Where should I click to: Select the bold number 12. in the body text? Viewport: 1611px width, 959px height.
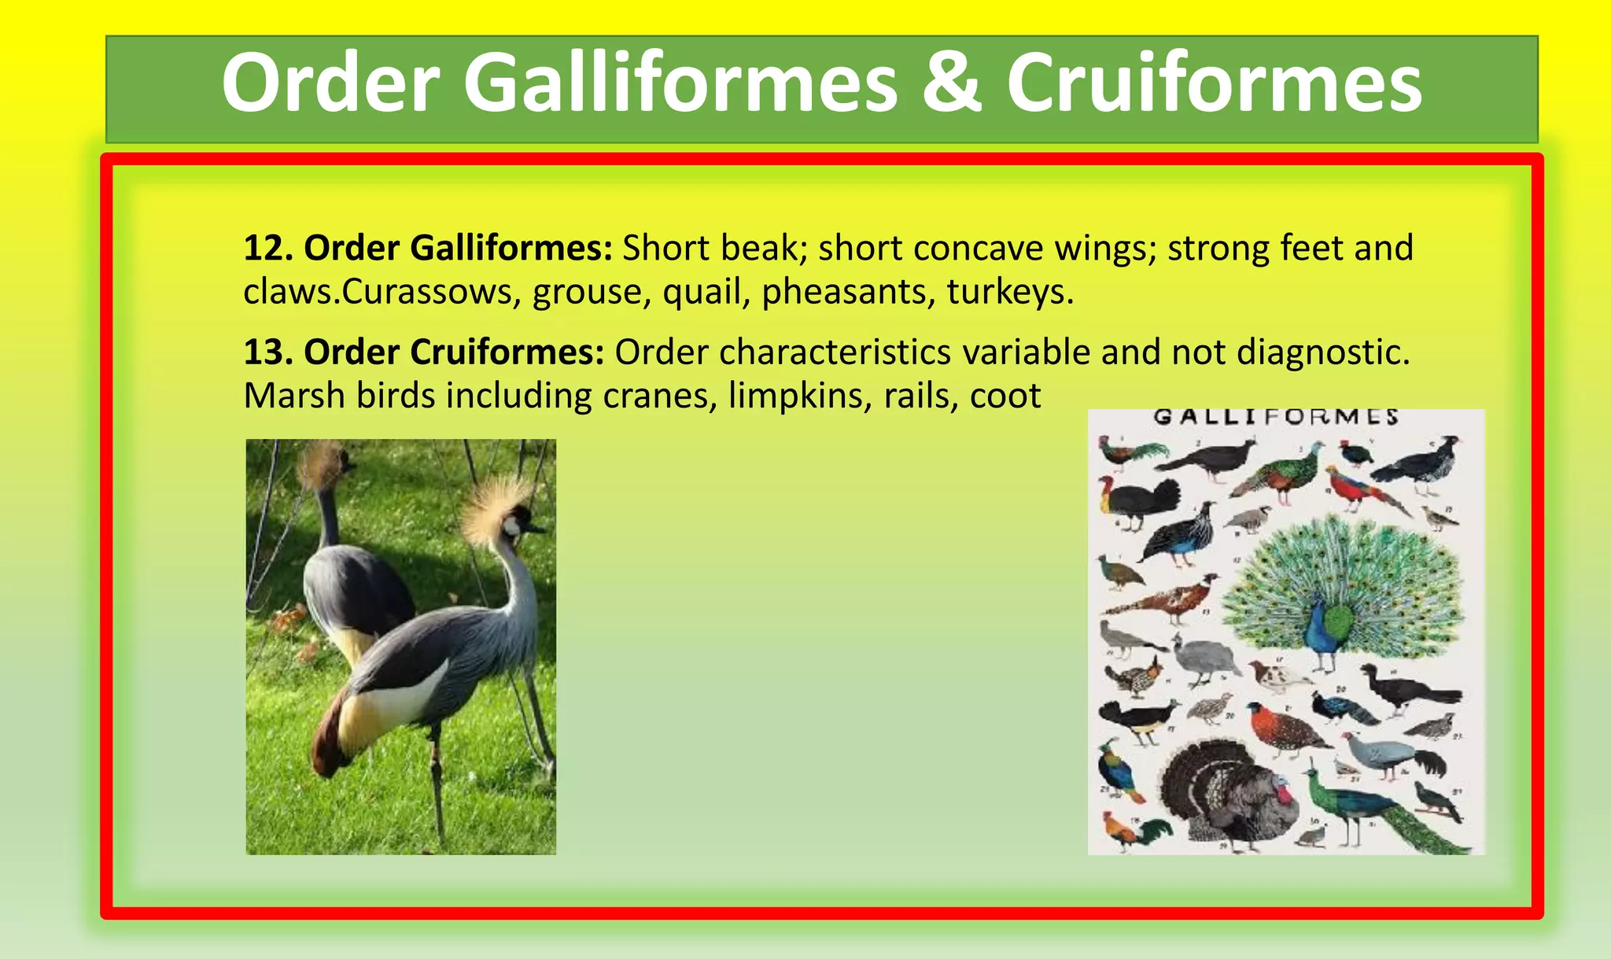click(x=268, y=248)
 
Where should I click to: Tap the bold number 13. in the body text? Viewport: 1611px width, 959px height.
click(x=268, y=352)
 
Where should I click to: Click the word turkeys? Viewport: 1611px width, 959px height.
click(x=1010, y=292)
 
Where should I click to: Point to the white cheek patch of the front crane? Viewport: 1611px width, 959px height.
click(x=513, y=526)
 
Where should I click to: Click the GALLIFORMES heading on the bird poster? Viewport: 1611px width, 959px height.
click(x=1275, y=417)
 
